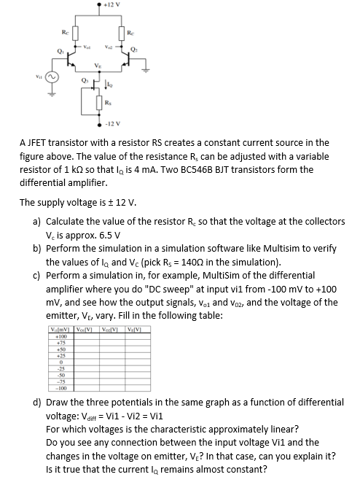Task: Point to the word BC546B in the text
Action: [x=155, y=169]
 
